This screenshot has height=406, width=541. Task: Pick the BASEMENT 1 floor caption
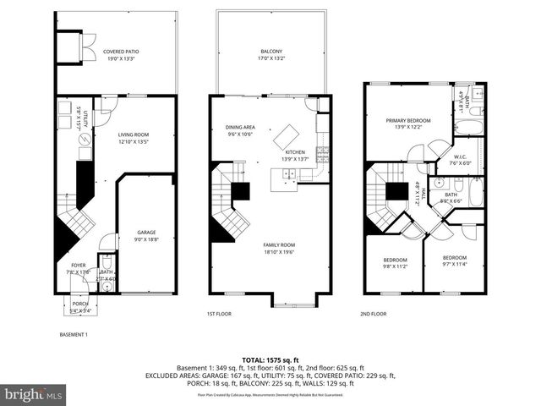point(73,335)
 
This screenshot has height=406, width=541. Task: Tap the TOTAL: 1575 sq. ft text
point(270,360)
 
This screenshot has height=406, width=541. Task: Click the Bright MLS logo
point(34,394)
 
